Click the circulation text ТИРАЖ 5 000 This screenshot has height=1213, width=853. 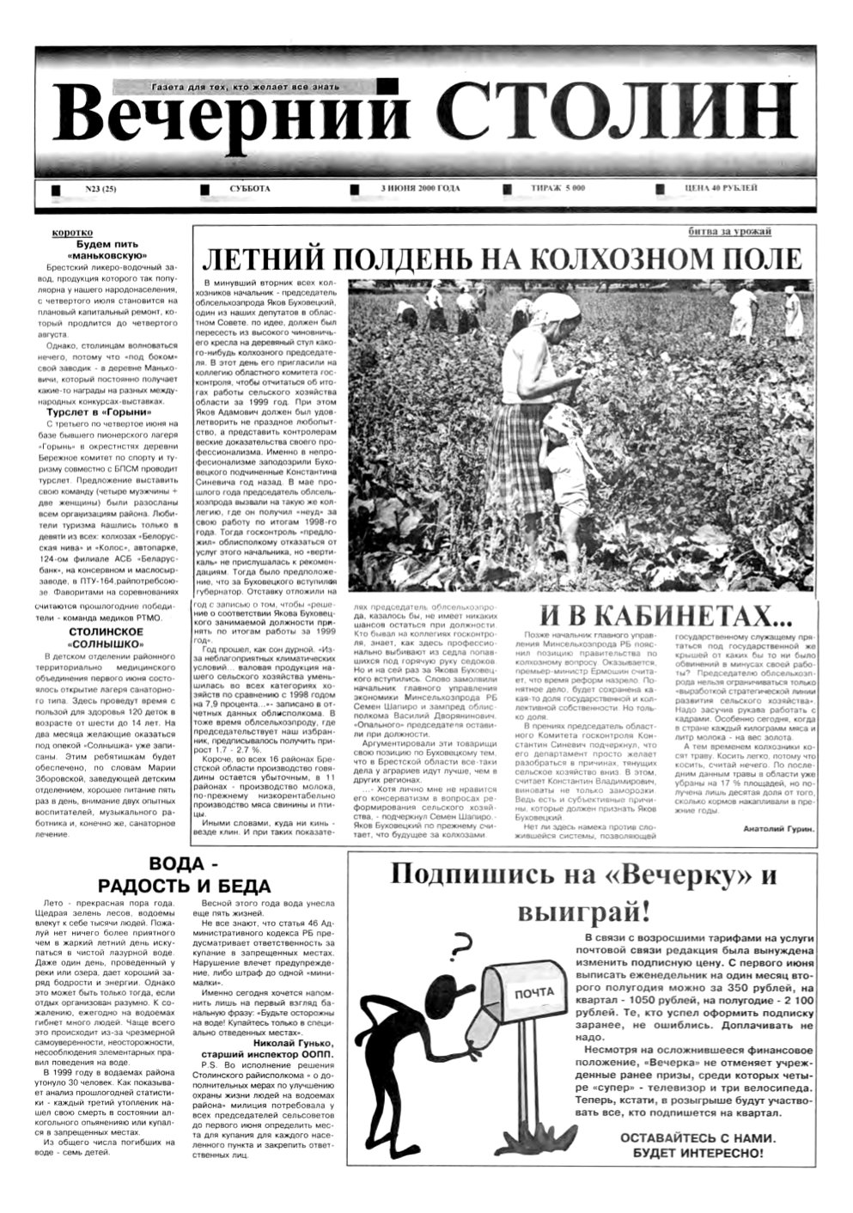(557, 189)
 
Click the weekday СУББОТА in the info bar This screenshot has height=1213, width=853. (250, 189)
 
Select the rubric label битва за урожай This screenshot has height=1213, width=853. (730, 232)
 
